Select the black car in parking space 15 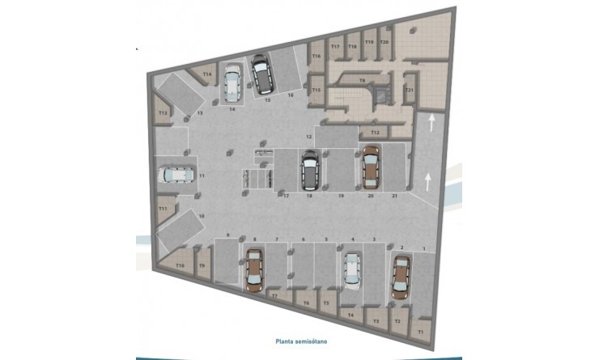(262, 74)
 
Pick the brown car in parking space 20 (370, 164)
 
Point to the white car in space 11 (175, 175)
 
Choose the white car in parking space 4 (352, 269)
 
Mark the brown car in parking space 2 (401, 275)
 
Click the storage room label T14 (207, 74)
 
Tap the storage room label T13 (163, 113)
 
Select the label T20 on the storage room (384, 41)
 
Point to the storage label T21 (410, 89)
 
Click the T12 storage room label (374, 132)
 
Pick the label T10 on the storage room (180, 265)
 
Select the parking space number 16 (290, 95)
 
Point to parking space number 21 (393, 196)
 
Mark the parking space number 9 (228, 235)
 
